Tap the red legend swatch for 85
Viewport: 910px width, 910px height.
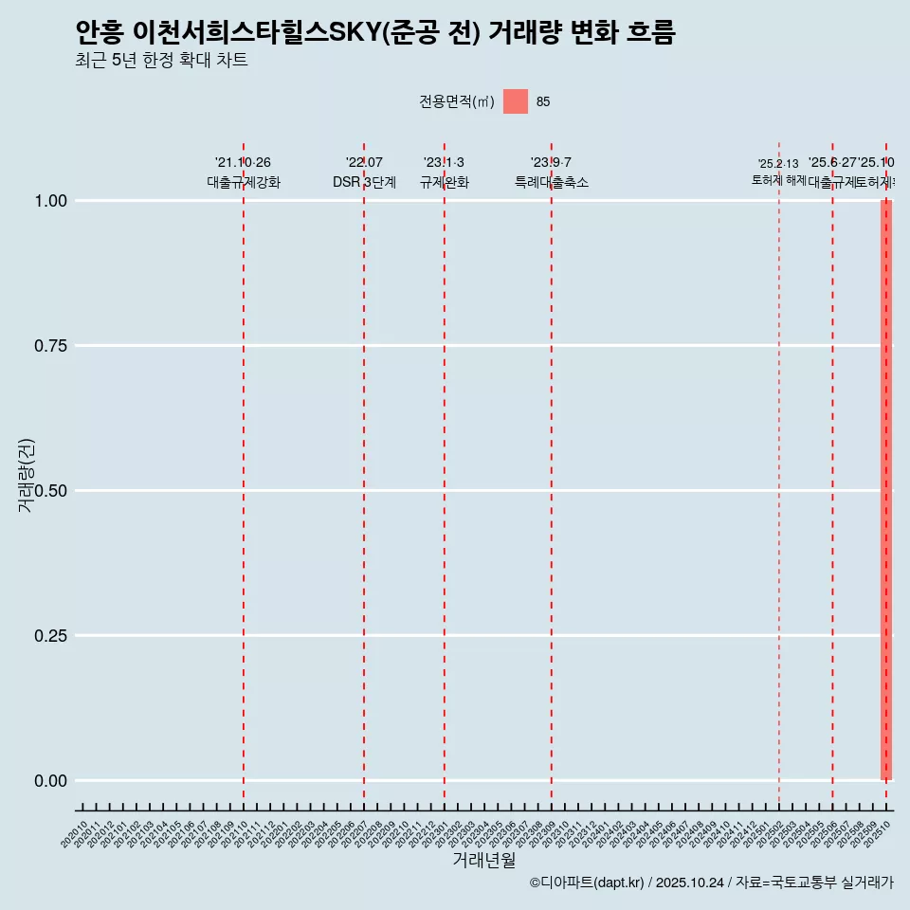(x=515, y=101)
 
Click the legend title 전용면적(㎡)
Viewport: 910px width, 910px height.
(x=456, y=102)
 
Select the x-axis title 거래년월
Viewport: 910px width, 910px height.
(x=483, y=861)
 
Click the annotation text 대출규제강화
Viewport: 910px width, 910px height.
(x=244, y=182)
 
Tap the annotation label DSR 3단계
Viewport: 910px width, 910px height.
(x=364, y=182)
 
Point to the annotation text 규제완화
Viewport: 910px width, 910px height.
(x=445, y=182)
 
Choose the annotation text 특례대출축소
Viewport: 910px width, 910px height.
(x=552, y=182)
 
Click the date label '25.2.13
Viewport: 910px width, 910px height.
(x=778, y=164)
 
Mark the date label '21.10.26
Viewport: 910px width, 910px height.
(x=244, y=163)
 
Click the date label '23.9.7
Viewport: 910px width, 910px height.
(x=552, y=163)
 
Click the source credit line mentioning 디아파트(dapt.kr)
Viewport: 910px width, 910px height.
(x=711, y=883)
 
